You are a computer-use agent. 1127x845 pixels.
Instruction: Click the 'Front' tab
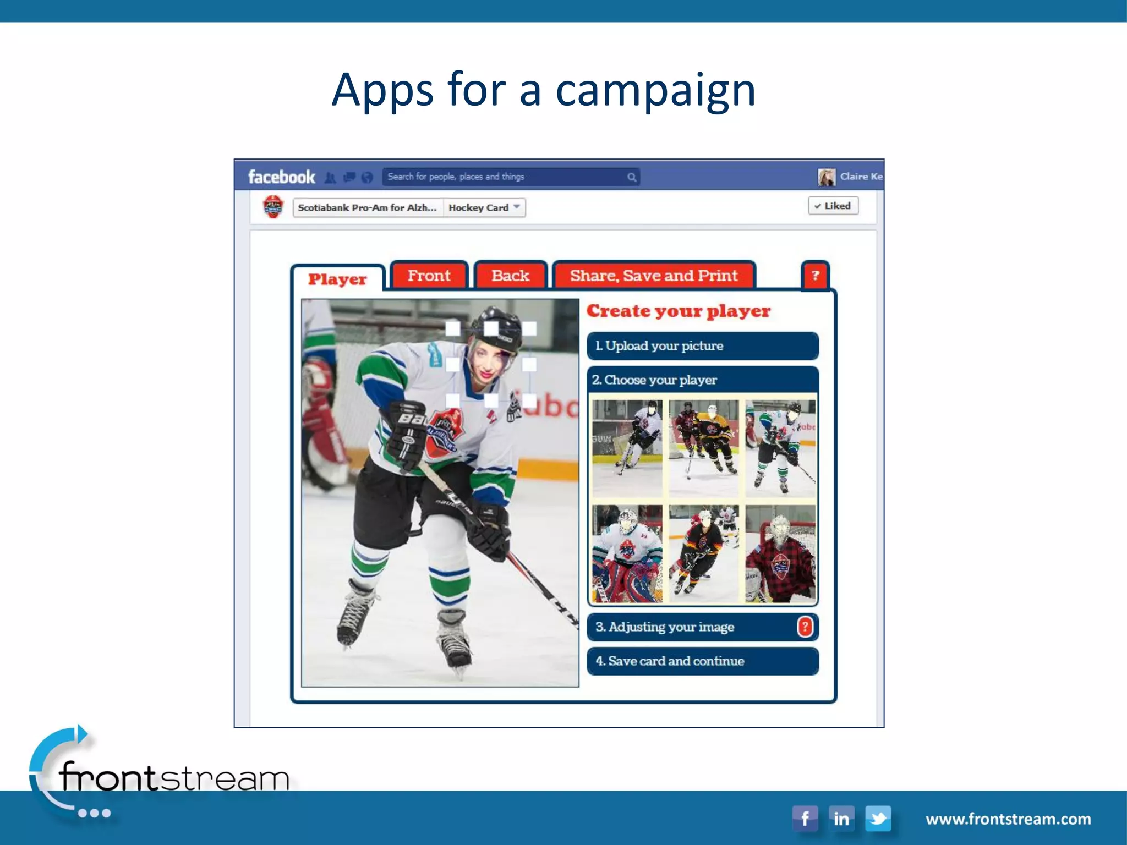pyautogui.click(x=429, y=275)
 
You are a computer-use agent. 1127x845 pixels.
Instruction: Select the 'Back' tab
pyautogui.click(x=510, y=275)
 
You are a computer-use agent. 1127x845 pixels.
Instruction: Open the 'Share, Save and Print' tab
pyautogui.click(x=654, y=275)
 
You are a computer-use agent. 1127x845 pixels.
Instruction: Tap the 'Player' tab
pyautogui.click(x=337, y=279)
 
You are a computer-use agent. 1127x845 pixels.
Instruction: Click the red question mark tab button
pyautogui.click(x=815, y=275)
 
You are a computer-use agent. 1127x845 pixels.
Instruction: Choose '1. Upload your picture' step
pyautogui.click(x=703, y=346)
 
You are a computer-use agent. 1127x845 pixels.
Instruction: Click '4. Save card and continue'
pyautogui.click(x=703, y=661)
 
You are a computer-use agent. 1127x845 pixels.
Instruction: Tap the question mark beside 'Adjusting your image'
pyautogui.click(x=805, y=627)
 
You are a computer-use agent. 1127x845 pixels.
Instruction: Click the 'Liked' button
pyautogui.click(x=833, y=206)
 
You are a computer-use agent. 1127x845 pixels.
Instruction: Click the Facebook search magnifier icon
pyautogui.click(x=632, y=177)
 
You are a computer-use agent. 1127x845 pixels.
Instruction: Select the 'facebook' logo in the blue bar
pyautogui.click(x=281, y=177)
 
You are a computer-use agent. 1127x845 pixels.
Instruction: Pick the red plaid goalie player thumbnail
pyautogui.click(x=780, y=554)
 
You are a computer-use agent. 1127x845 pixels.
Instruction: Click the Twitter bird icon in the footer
pyautogui.click(x=878, y=819)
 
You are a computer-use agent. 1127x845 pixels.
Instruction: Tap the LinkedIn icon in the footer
pyautogui.click(x=841, y=819)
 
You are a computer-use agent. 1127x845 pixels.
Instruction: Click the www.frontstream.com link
pyautogui.click(x=1008, y=819)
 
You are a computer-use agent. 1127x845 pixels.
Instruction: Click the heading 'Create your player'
pyautogui.click(x=679, y=311)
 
